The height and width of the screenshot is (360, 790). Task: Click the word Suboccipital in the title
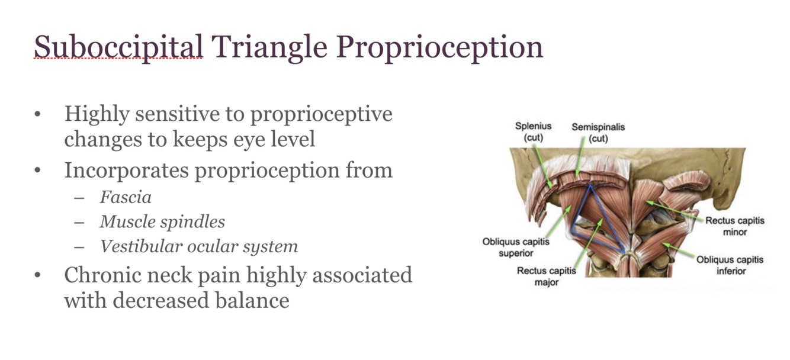[x=118, y=47]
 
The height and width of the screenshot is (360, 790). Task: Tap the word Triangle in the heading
[x=270, y=47]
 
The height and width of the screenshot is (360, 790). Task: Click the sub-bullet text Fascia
[x=126, y=197]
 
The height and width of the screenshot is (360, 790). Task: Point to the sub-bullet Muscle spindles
[x=162, y=222]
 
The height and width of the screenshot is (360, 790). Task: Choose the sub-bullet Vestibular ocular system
[x=199, y=246]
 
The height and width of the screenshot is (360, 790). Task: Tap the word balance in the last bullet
[x=252, y=300]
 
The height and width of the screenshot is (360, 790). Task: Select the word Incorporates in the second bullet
[x=127, y=171]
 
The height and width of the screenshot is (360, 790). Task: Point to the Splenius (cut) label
[x=533, y=131]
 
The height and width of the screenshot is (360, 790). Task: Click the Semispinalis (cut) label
[x=598, y=133]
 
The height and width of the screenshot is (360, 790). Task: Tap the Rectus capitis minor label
[x=735, y=226]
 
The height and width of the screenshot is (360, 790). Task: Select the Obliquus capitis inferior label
[x=730, y=265]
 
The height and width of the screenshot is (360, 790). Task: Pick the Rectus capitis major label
[x=546, y=276]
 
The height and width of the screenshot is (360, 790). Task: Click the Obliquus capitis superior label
[x=516, y=247]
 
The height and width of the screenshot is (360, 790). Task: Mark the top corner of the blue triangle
[x=590, y=185]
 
